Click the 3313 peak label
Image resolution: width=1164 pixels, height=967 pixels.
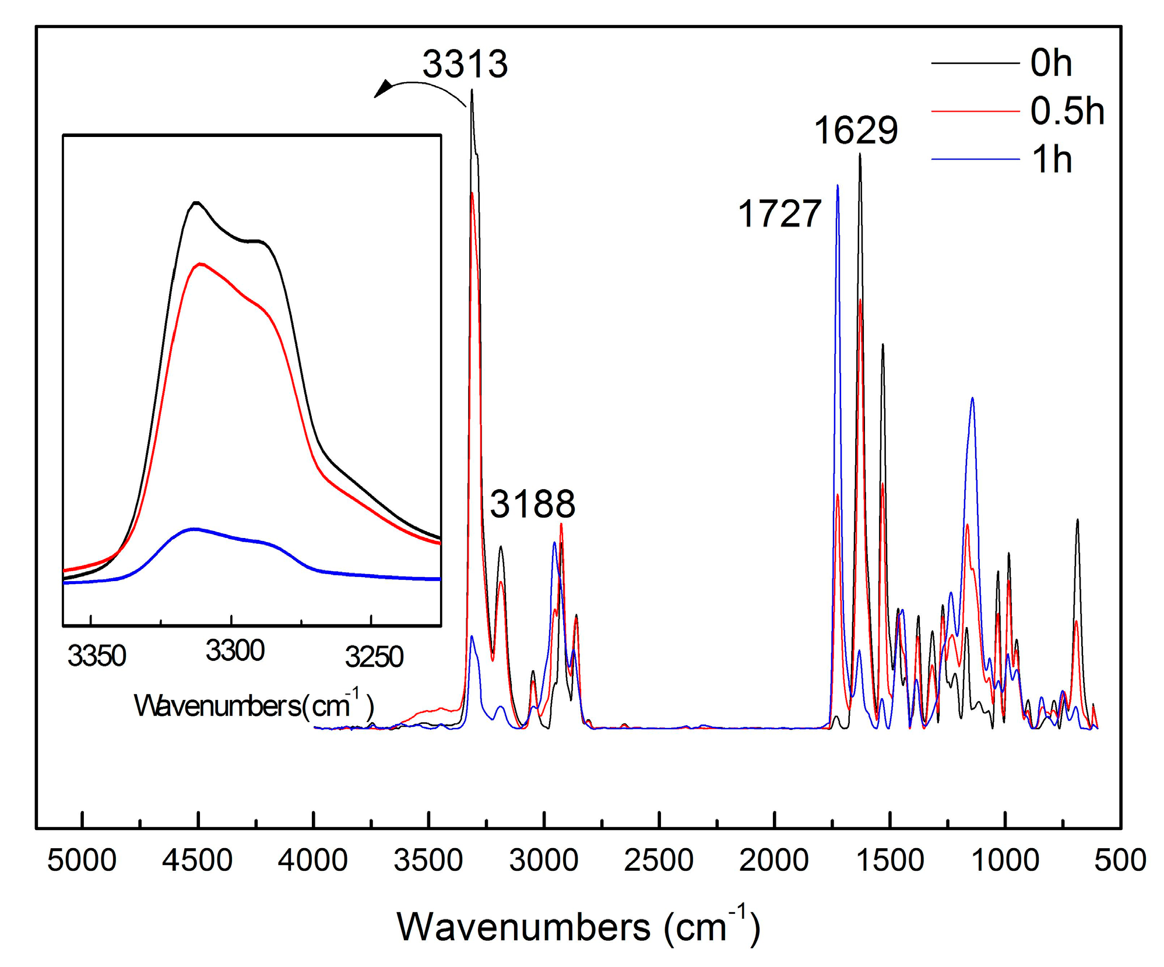coord(465,64)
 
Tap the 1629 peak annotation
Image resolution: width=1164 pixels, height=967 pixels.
coord(855,130)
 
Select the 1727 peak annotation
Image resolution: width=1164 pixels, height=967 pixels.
coord(779,213)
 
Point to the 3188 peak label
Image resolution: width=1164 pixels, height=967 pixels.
coord(532,504)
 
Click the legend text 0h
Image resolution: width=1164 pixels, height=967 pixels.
coord(1051,63)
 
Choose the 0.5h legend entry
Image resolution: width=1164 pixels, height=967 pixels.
coord(1067,111)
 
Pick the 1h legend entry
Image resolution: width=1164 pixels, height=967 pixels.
coord(1051,159)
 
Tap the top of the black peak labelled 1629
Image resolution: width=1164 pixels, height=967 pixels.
coord(860,154)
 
